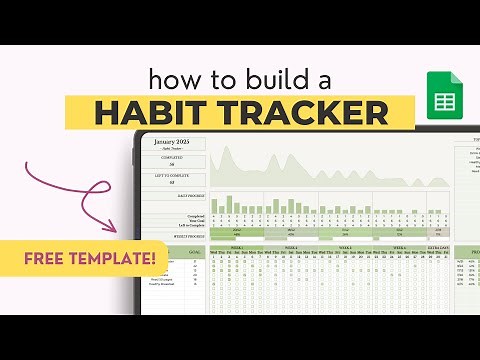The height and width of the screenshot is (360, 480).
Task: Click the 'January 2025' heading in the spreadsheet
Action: [x=172, y=143]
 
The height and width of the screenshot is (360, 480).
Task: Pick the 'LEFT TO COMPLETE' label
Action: [x=172, y=177]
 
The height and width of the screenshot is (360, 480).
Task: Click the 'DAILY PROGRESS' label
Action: [x=191, y=196]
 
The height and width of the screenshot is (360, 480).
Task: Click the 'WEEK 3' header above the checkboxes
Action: [x=344, y=246]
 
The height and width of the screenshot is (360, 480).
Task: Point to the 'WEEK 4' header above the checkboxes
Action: [x=397, y=246]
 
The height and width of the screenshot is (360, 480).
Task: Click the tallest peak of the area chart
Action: [x=228, y=150]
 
